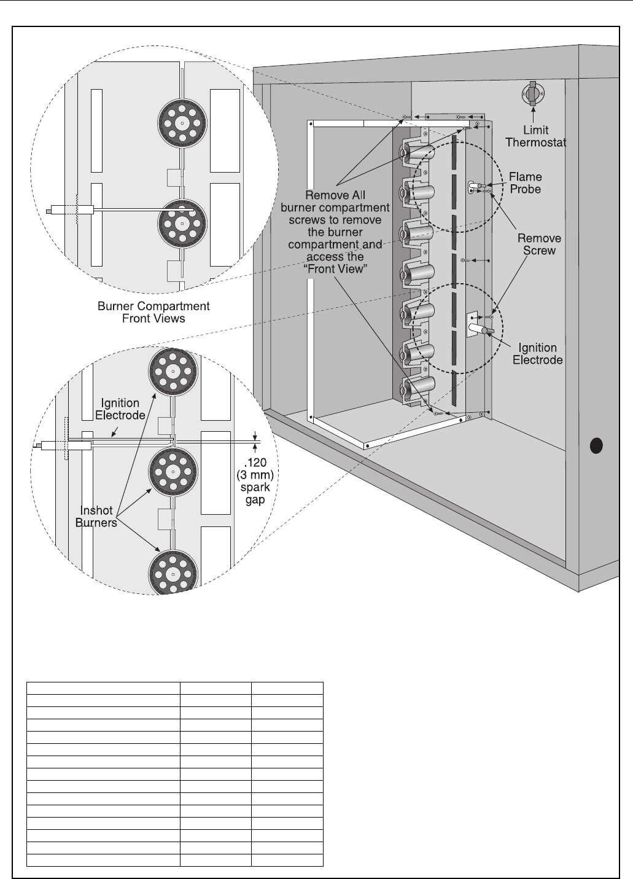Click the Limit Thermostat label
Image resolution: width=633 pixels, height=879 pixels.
pos(535,136)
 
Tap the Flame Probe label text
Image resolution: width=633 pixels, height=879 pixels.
pos(525,183)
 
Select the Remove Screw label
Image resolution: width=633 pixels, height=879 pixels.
pos(539,244)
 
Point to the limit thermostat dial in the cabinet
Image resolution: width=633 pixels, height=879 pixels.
pos(532,94)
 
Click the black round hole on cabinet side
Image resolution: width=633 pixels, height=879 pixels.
pos(596,445)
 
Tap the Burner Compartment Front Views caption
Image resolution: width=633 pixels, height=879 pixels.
pos(153,312)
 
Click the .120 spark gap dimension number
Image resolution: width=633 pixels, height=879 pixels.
pos(255,463)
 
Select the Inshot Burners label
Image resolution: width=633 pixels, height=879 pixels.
pos(96,517)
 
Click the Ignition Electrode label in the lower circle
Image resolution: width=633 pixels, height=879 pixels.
pos(120,409)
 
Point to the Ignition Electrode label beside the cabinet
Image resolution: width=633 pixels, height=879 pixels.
pos(537,354)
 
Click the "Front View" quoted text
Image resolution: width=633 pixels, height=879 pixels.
pos(335,269)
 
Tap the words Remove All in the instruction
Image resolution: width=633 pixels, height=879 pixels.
pos(335,195)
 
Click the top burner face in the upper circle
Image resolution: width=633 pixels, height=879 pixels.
pos(182,123)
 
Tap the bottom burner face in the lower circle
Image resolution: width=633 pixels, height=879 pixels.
pos(173,573)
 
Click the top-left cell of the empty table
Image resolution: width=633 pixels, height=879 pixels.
pos(104,688)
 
